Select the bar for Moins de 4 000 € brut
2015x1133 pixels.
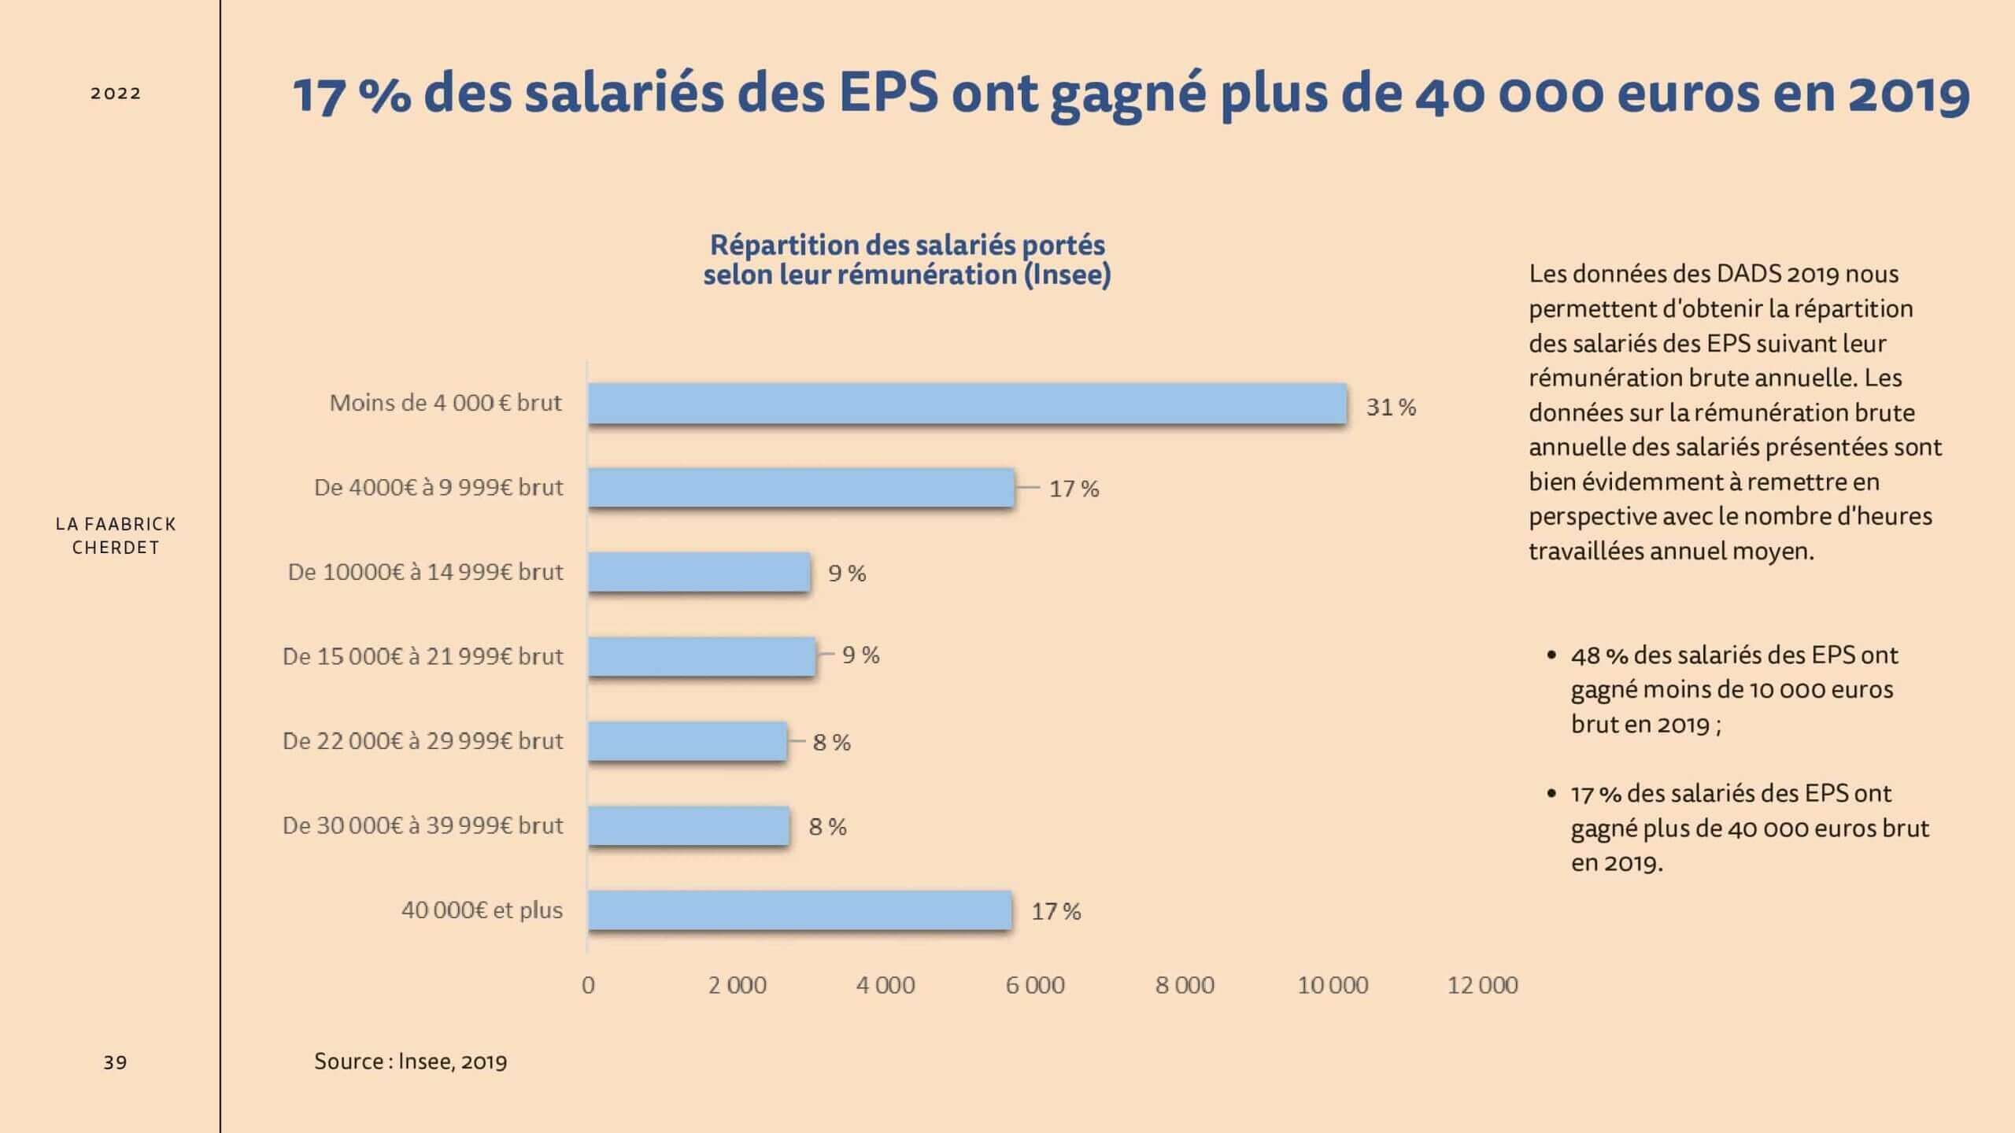coord(967,404)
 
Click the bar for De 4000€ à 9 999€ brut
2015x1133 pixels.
coord(801,488)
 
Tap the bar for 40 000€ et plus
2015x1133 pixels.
coord(800,910)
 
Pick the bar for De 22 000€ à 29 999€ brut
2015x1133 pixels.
coord(687,741)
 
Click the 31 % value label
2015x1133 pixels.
coord(1391,407)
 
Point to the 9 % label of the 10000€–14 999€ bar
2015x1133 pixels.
coord(847,573)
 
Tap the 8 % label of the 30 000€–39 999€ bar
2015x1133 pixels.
coord(828,827)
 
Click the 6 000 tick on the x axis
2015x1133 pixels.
coord(1035,985)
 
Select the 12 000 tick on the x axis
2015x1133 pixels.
coord(1483,985)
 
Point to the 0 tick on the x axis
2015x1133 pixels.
coord(588,985)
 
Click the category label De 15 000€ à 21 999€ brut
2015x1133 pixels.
coord(423,656)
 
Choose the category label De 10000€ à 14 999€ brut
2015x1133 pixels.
coord(425,572)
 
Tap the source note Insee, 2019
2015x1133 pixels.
coord(453,1061)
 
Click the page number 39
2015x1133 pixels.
coord(115,1062)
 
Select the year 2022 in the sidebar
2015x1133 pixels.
coord(116,93)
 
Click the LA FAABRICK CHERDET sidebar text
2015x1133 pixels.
coord(116,535)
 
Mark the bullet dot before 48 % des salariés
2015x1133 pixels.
coord(1551,655)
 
